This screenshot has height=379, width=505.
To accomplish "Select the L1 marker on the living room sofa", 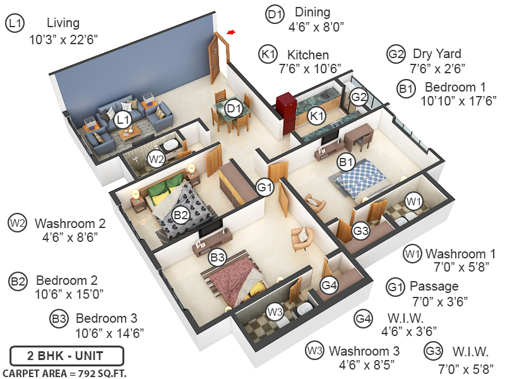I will pos(123,118).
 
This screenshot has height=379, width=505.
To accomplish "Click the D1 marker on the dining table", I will pos(234,109).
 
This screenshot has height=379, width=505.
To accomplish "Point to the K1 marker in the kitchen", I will pos(316,116).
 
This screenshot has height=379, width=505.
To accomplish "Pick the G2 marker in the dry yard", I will pos(359,97).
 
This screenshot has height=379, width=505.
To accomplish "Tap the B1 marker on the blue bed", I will pos(345,163).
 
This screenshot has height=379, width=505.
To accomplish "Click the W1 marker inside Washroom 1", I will pos(413,202).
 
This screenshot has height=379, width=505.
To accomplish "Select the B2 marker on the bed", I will pos(181,215).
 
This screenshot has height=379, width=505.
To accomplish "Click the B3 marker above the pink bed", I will pos(218,257).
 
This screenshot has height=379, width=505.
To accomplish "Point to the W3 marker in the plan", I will pos(275,311).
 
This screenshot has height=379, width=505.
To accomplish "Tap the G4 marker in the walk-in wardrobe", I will pos(329,286).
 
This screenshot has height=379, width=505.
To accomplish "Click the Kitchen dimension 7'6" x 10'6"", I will pos(310,68).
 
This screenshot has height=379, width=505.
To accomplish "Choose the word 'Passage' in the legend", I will pos(434,286).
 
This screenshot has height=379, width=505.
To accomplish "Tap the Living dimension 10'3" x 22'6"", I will pos(63,39).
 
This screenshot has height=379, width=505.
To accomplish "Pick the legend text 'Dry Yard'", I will pos(437,54).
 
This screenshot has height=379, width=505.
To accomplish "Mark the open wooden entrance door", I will pos(217,58).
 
